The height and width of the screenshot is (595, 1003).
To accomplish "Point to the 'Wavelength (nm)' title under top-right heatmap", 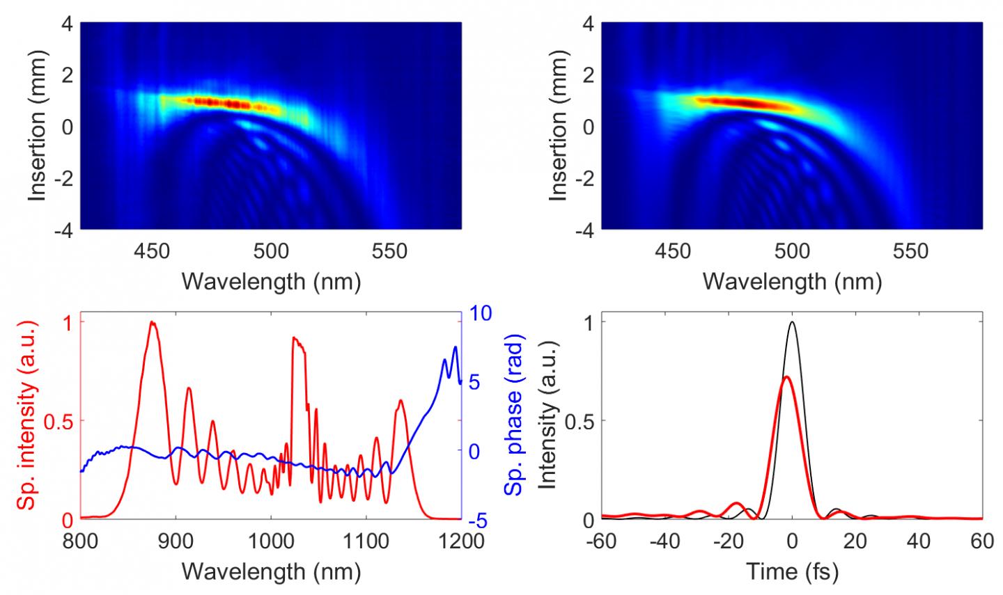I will point(792,280).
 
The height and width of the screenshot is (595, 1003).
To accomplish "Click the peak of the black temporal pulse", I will point(792,322).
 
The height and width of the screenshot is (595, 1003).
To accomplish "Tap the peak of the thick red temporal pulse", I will point(786,376).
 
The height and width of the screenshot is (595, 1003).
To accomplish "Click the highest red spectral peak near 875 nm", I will point(151,322).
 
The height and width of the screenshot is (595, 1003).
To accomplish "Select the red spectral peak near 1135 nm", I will point(400,400).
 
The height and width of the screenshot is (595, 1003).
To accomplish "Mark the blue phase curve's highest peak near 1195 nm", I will point(456,347).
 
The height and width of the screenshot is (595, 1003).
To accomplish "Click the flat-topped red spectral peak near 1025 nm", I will point(296,339).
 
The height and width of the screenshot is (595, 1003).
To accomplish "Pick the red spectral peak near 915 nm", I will point(189,388).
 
